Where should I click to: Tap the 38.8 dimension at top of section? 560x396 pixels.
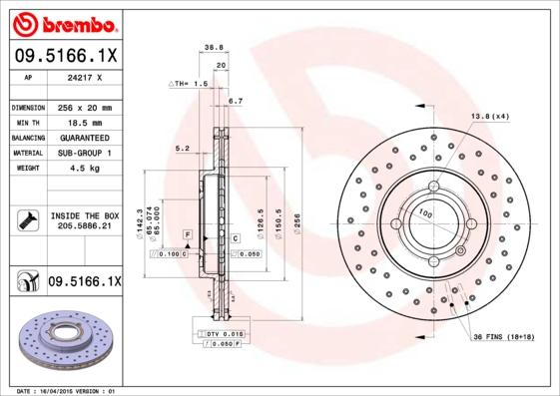coord(212,47)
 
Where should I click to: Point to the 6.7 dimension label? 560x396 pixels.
coord(236,101)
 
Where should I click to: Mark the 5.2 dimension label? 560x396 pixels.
coord(182,148)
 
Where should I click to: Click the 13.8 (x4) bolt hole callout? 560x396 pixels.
coord(490,117)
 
